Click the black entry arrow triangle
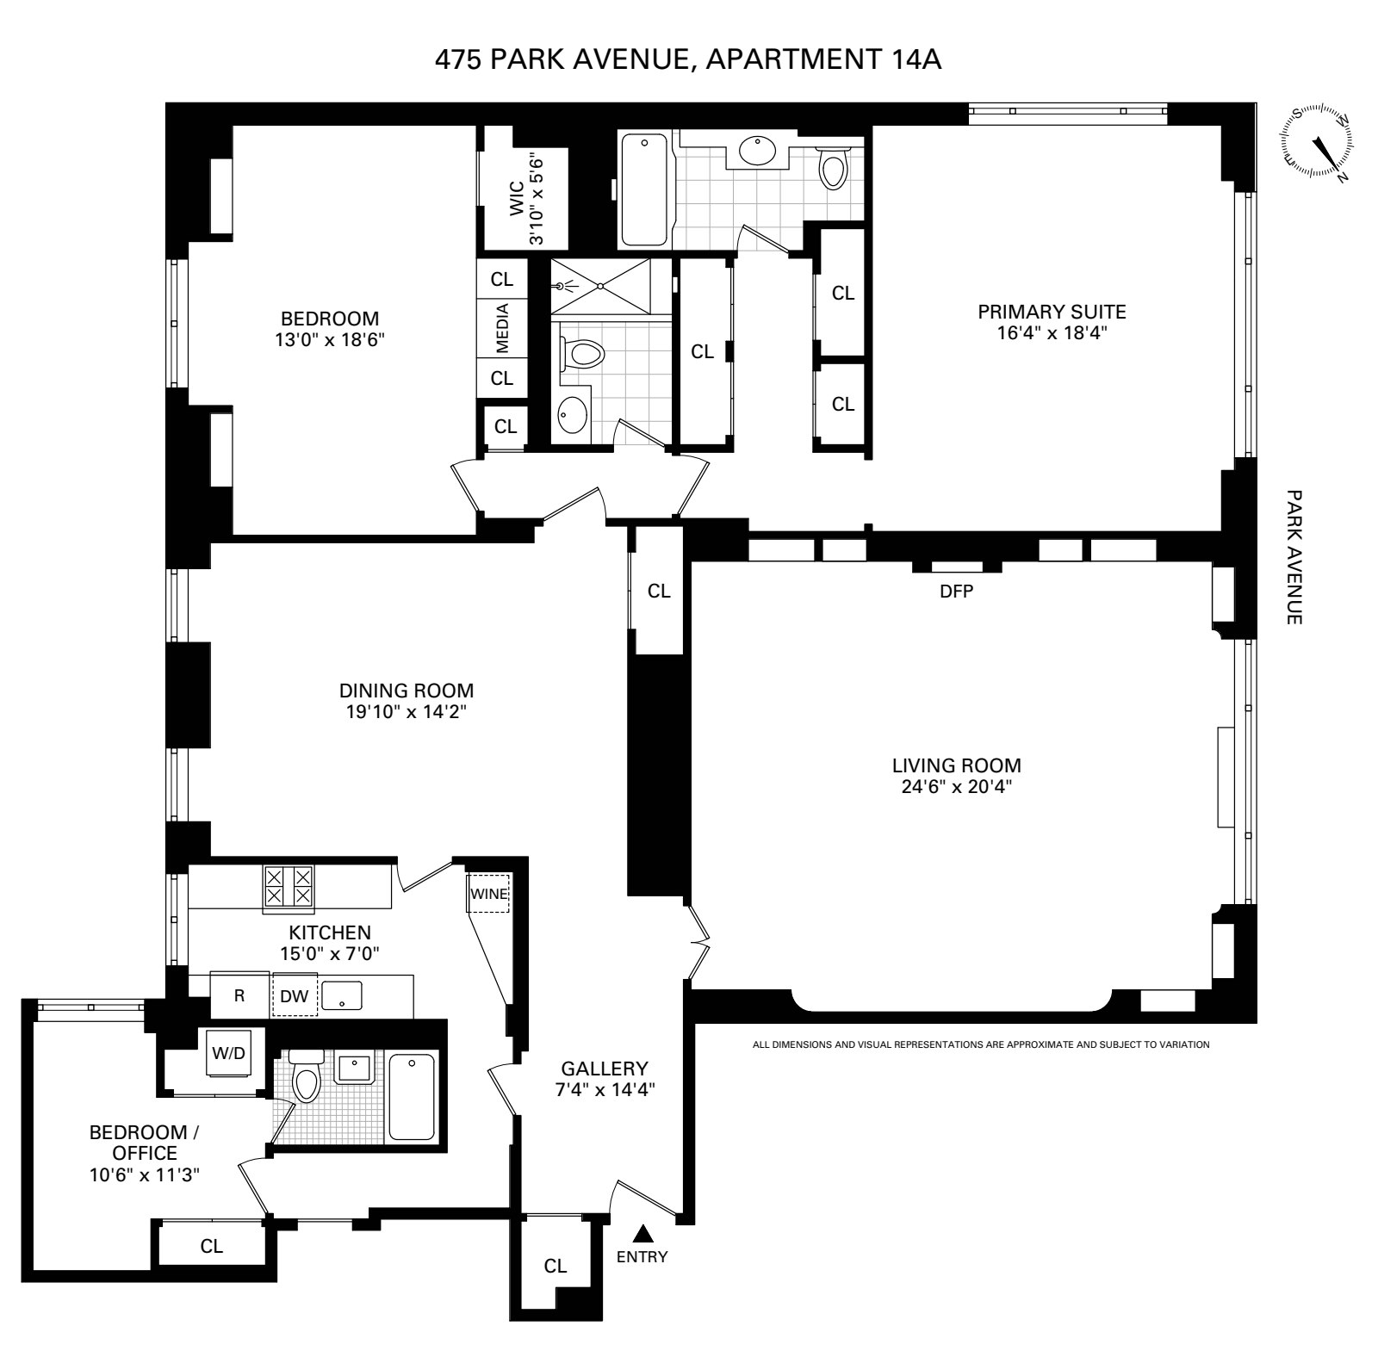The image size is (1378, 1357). pos(642,1234)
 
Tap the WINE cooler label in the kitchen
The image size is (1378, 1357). pos(488,894)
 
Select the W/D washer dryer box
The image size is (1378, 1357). pos(229,1052)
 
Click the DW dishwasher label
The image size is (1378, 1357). pos(295,996)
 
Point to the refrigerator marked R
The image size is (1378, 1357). pos(240,995)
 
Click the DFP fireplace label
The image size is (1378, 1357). pos(957,592)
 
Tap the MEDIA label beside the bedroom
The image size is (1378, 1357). pos(502,329)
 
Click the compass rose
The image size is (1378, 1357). pos(1318,143)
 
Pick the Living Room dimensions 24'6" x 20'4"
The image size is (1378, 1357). pos(956,786)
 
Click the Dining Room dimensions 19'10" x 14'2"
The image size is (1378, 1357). pos(407,711)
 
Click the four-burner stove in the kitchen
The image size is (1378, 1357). pos(289,886)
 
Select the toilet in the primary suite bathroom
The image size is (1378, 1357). pos(833,167)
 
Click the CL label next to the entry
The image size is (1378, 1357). pos(556,1266)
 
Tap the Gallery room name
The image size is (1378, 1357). pos(605,1069)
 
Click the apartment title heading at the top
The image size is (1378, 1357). pos(688,59)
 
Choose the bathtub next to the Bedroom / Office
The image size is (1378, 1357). pos(413,1095)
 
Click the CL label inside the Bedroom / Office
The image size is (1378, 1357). pos(212,1246)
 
